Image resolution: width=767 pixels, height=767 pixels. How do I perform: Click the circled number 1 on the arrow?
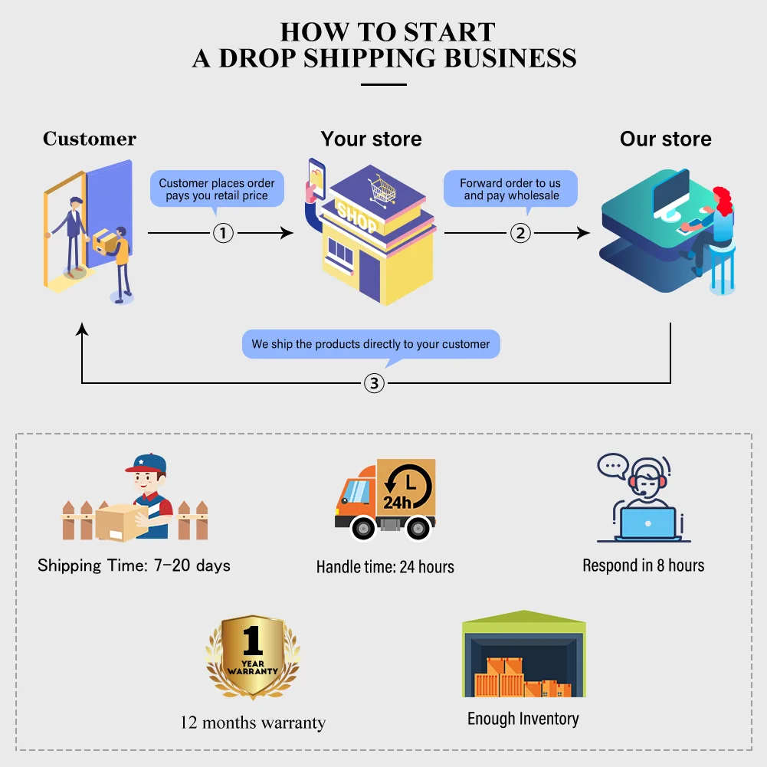coord(222,232)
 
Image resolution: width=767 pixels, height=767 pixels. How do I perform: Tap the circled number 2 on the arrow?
coord(520,232)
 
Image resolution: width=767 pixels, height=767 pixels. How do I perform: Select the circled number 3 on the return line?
coord(373,383)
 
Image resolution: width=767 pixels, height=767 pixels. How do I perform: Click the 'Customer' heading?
coord(90,139)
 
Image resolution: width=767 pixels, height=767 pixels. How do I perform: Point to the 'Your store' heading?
coord(371,139)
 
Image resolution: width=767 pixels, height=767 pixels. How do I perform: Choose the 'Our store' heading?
coord(665,139)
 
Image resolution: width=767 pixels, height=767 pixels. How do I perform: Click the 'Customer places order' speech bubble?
coord(217,189)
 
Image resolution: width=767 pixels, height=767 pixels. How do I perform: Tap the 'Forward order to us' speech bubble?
coord(510,189)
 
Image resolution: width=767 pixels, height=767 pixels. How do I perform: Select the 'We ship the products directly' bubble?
coord(371,344)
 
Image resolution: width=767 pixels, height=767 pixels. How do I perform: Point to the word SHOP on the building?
coord(357,217)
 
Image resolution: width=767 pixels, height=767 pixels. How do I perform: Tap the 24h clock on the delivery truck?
coord(407,489)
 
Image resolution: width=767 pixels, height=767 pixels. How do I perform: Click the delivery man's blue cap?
coord(149,463)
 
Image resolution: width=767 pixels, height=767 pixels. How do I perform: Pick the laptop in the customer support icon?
coord(647,523)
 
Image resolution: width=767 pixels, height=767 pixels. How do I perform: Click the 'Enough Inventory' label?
coord(523,719)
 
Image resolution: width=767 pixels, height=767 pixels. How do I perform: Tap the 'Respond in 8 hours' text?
coord(643,565)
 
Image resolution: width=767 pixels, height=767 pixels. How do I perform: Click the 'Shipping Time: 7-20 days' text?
coord(134,565)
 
